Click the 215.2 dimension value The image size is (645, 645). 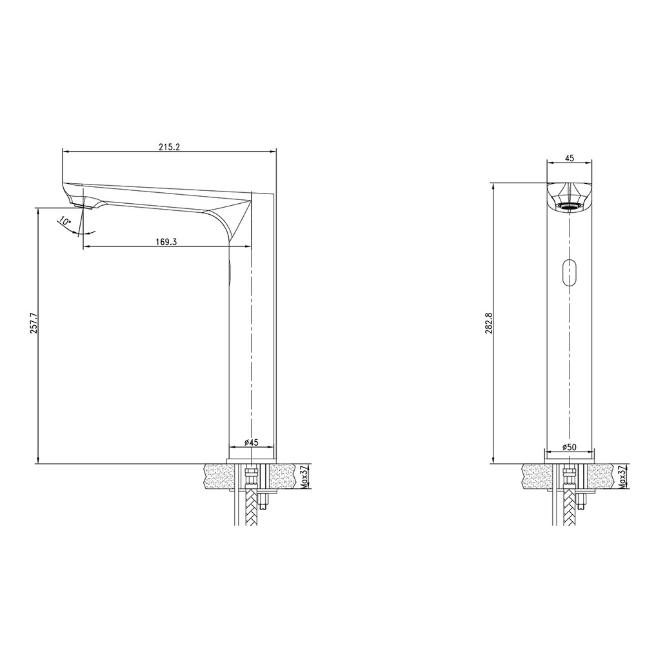[170, 147]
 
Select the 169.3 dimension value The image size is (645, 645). [166, 241]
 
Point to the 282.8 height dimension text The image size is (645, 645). [489, 323]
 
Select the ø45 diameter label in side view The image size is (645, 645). [251, 442]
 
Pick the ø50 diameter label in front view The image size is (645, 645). [570, 447]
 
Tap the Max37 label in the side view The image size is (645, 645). [304, 477]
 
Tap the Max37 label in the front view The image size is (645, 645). [622, 477]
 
